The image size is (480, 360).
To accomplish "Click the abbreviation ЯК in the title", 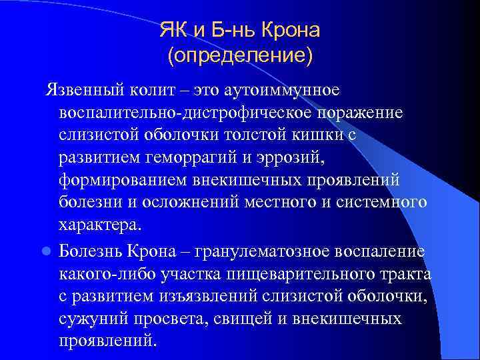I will (x=173, y=30).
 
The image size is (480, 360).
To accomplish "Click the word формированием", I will (x=126, y=180).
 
